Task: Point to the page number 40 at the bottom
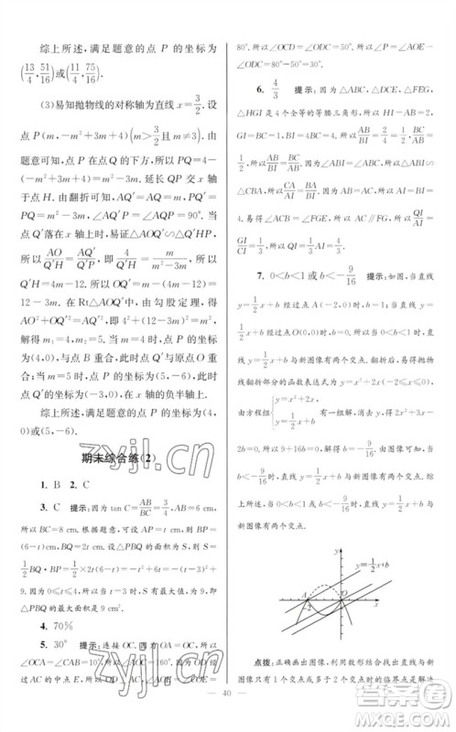point(227,714)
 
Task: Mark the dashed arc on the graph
point(317,586)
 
